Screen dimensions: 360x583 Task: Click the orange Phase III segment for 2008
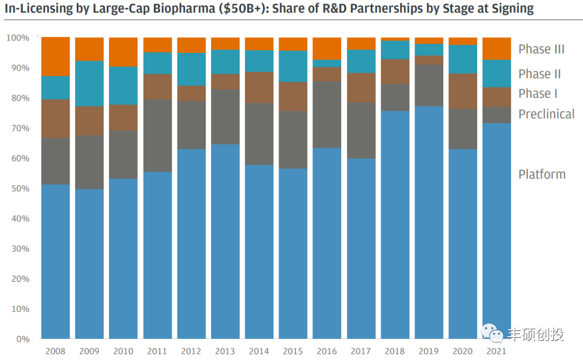55,57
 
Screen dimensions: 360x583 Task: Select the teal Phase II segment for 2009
89,84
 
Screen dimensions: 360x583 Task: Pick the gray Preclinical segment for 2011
157,135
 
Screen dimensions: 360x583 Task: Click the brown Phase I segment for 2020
463,91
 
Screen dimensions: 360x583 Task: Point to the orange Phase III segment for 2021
497,49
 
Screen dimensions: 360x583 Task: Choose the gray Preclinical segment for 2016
327,115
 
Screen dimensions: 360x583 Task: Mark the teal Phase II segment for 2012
191,69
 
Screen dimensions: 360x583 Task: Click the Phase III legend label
541,49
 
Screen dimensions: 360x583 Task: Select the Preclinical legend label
546,114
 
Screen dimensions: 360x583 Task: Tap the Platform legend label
542,174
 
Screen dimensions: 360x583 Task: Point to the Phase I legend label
538,93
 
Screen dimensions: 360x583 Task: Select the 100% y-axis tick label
17,38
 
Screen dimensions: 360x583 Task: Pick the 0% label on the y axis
22,339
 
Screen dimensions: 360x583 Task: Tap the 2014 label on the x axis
259,351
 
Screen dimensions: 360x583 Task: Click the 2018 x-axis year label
395,351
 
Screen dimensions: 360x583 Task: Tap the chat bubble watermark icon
491,334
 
